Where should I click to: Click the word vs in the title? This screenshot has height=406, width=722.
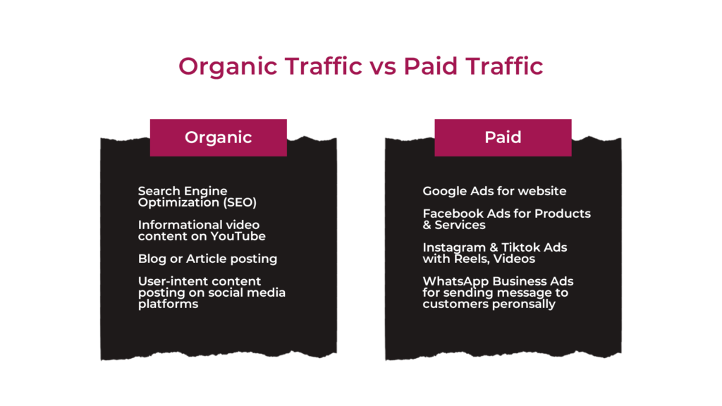383,67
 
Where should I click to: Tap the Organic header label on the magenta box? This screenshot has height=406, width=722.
219,137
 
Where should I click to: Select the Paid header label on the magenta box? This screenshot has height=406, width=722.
503,137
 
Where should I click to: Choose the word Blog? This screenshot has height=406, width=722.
152,259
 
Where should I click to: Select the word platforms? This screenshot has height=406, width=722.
168,304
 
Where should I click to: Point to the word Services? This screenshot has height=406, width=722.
460,225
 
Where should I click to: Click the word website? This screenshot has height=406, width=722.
544,191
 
